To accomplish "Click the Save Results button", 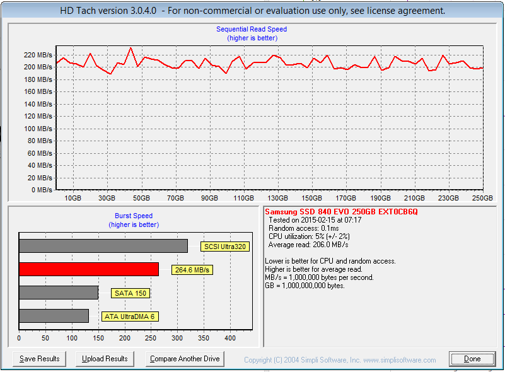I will click(x=39, y=359).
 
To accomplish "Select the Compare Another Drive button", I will click(x=185, y=359).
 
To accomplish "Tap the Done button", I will click(x=472, y=359).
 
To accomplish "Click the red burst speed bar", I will click(x=89, y=269).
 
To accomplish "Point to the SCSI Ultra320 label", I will click(x=224, y=247).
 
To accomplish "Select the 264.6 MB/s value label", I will click(x=192, y=270).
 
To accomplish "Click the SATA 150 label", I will click(x=130, y=293).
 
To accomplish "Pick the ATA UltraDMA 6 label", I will click(x=130, y=317).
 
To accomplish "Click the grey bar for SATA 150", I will click(x=59, y=293).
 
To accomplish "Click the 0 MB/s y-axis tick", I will click(x=42, y=190).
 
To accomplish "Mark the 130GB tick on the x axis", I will click(x=278, y=198).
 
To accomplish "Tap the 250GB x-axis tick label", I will click(x=482, y=198).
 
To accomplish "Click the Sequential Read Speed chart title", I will click(x=252, y=29).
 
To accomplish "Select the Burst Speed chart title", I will click(x=134, y=216).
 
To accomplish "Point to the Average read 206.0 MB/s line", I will click(x=308, y=245).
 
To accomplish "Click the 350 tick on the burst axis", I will click(x=204, y=339).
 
